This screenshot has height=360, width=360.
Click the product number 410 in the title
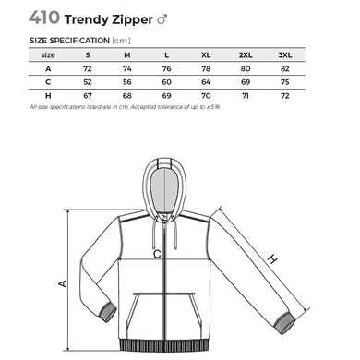(44, 18)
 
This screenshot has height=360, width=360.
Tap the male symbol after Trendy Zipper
(162, 20)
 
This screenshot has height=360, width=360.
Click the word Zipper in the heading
(132, 20)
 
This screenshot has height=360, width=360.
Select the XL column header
(206, 55)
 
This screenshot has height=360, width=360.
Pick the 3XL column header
(285, 55)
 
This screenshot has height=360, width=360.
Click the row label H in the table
(48, 96)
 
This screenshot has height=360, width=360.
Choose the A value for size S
(88, 68)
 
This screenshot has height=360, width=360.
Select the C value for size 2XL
(246, 82)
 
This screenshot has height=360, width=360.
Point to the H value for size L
(166, 96)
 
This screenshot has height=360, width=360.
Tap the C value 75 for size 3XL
(285, 82)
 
